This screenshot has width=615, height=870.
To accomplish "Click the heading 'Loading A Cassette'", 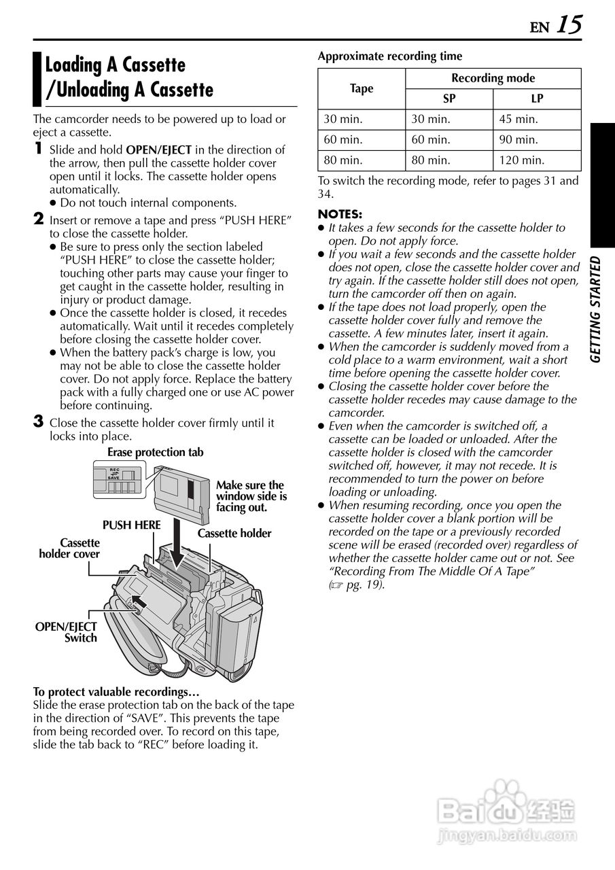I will pyautogui.click(x=115, y=65).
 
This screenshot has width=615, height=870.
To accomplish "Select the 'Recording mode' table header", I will pyautogui.click(x=493, y=78).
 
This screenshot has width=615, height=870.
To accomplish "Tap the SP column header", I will pyautogui.click(x=449, y=99).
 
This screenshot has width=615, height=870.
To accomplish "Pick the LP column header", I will pyautogui.click(x=537, y=99).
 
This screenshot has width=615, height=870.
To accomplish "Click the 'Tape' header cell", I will pyautogui.click(x=362, y=88).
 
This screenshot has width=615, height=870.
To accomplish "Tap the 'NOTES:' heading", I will pyautogui.click(x=340, y=214).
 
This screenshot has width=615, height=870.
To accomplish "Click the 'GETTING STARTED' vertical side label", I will pyautogui.click(x=595, y=309).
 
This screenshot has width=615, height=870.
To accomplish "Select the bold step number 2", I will pyautogui.click(x=39, y=219).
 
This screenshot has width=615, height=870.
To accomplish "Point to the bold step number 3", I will pyautogui.click(x=39, y=422).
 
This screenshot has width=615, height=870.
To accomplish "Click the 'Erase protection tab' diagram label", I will pyautogui.click(x=155, y=452).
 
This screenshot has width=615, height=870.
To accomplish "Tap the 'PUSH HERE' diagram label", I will pyautogui.click(x=131, y=525).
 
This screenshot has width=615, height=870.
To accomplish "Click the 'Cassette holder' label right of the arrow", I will pyautogui.click(x=234, y=534).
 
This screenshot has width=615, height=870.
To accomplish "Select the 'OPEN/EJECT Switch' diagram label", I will pyautogui.click(x=66, y=632).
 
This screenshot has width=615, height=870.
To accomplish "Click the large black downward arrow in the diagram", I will pyautogui.click(x=177, y=540).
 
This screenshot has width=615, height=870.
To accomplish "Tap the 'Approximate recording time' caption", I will pyautogui.click(x=389, y=56).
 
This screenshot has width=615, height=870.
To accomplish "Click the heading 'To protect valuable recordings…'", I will pyautogui.click(x=116, y=692).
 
